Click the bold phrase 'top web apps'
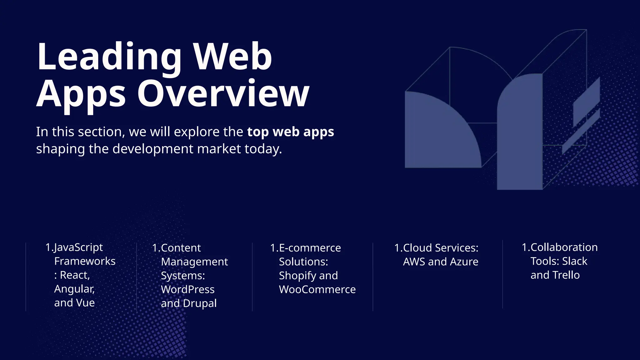pos(290,132)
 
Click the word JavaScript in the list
pos(78,247)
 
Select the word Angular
pos(74,289)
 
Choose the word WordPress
pos(187,289)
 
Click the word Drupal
pos(200,303)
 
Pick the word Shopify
pos(297,276)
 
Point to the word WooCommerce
pos(317,289)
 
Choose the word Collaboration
pos(564,247)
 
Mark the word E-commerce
pos(310,248)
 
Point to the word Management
pos(194,262)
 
